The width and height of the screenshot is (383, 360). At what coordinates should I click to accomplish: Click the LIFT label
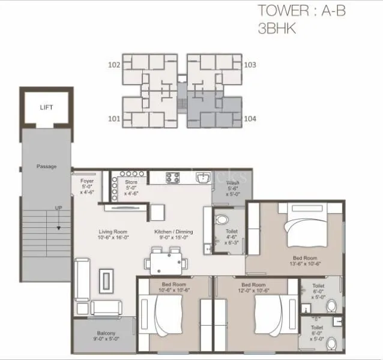[x=46, y=107]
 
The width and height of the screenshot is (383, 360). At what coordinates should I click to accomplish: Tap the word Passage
[x=46, y=166]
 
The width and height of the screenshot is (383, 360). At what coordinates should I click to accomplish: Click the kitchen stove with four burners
[x=172, y=177]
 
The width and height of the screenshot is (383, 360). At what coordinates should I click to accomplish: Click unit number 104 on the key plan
[x=250, y=119]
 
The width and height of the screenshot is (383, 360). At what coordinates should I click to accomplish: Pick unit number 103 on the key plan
[x=250, y=64]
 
